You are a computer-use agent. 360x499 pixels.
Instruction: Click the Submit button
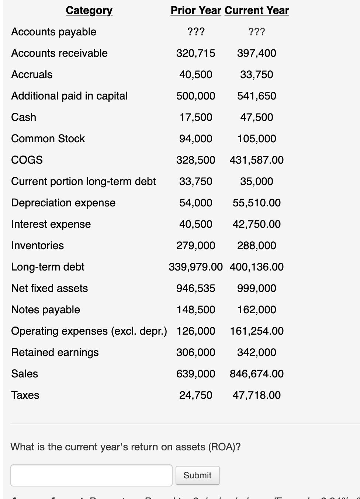197,475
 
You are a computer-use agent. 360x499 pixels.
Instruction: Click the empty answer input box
91,475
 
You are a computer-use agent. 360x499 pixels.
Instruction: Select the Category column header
89,10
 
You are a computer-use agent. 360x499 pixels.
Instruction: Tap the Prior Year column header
195,10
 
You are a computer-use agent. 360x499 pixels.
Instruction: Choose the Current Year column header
257,10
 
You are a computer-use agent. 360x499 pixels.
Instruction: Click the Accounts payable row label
53,32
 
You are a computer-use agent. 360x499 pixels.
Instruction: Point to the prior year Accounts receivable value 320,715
195,53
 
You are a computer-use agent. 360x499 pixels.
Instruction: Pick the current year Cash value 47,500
257,117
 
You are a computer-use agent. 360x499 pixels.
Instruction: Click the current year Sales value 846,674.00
257,374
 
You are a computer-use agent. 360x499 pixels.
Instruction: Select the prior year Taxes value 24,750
195,395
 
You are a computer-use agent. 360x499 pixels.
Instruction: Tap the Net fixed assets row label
49,288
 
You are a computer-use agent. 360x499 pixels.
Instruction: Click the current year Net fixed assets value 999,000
257,288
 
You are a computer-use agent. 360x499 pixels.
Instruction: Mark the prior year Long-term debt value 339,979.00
195,267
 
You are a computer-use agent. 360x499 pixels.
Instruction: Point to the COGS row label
27,160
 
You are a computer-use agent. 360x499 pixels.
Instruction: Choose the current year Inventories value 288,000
257,245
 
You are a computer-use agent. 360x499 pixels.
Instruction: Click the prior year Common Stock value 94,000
195,139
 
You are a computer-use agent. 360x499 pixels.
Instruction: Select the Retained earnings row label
55,352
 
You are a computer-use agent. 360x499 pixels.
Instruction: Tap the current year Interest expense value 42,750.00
257,224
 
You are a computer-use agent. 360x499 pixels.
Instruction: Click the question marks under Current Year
257,32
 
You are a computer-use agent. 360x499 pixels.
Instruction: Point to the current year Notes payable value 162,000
257,310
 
